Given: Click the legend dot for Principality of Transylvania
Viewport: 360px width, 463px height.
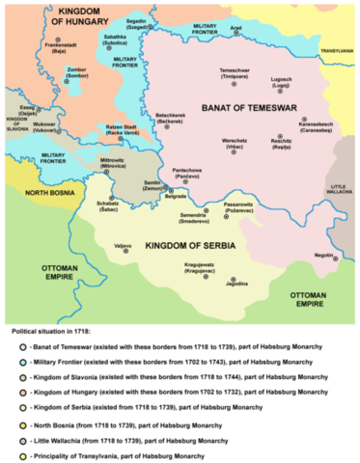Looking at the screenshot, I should [22, 454].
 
